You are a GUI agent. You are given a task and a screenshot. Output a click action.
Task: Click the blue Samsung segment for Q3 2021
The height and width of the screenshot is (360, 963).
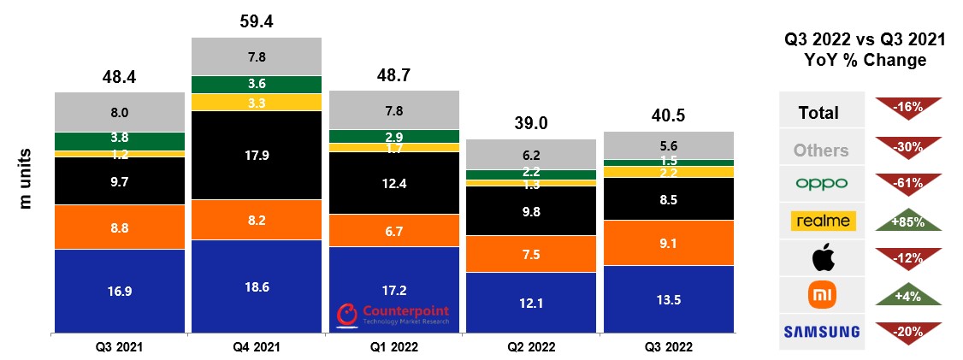[x=119, y=291]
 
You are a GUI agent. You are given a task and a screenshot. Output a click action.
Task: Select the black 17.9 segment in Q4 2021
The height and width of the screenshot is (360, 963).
[x=257, y=155]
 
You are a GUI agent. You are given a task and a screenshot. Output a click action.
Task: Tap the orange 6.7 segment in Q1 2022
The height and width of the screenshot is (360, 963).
[x=394, y=229]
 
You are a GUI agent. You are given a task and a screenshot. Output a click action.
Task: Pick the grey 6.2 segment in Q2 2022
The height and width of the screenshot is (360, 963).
[x=531, y=156]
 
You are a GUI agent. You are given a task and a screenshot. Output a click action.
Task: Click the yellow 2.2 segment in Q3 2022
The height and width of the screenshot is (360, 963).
[x=668, y=172]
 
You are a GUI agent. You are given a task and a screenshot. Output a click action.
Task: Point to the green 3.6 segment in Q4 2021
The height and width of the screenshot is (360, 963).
[x=257, y=84]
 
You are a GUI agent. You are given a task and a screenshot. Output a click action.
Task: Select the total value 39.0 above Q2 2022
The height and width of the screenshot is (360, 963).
[x=531, y=123]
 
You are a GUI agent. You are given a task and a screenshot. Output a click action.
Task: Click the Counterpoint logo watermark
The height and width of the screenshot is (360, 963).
[x=394, y=314]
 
